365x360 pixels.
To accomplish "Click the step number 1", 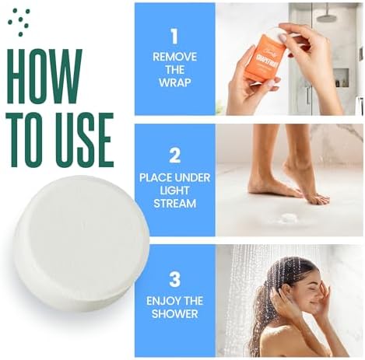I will coord(174,37).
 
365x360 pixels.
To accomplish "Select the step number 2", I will coord(174,155).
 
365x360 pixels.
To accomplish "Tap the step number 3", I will coord(174,278).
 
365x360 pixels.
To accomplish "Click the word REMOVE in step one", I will coord(174,57).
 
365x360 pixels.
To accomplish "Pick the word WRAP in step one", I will coord(174,82).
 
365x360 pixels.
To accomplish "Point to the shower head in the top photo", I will coord(328,15).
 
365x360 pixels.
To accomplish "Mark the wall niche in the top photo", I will coord(339,76).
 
